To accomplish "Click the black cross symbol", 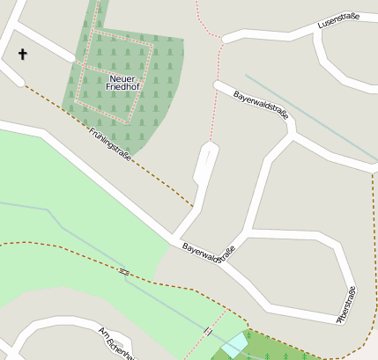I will [x=23, y=55].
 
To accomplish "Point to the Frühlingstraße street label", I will [x=111, y=143].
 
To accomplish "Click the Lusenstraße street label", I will [x=338, y=19].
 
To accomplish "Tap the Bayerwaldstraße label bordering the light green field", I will [x=210, y=253].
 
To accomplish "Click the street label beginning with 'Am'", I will [x=115, y=343].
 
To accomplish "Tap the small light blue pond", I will [x=235, y=345].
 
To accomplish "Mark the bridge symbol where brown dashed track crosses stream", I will [x=124, y=272].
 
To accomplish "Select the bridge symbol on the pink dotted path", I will [x=208, y=331].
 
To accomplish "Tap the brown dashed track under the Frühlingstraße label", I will [x=132, y=164].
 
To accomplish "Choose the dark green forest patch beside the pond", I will [x=273, y=347].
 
